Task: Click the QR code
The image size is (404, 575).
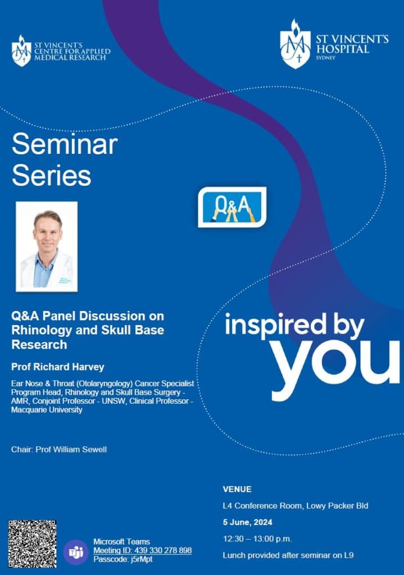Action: pyautogui.click(x=32, y=544)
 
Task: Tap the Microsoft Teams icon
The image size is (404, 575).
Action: pyautogui.click(x=76, y=552)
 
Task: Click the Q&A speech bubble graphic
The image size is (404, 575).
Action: pyautogui.click(x=232, y=207)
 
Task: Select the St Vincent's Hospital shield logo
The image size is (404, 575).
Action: pyautogui.click(x=295, y=44)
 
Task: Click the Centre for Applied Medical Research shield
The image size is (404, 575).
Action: pyautogui.click(x=22, y=51)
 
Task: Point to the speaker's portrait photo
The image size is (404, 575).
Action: pyautogui.click(x=47, y=247)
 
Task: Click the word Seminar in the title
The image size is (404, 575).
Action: pyautogui.click(x=65, y=144)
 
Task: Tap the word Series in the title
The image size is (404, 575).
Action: pyautogui.click(x=51, y=175)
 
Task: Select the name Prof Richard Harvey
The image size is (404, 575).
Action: pyautogui.click(x=58, y=367)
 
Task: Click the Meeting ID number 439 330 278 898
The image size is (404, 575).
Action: pyautogui.click(x=163, y=550)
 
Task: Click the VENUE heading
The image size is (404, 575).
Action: pyautogui.click(x=237, y=489)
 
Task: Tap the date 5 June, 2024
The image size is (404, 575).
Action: pyautogui.click(x=248, y=522)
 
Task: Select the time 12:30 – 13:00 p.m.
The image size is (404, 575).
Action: pyautogui.click(x=257, y=539)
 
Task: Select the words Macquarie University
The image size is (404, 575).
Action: pyautogui.click(x=47, y=409)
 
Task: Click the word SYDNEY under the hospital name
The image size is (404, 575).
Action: pyautogui.click(x=325, y=58)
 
